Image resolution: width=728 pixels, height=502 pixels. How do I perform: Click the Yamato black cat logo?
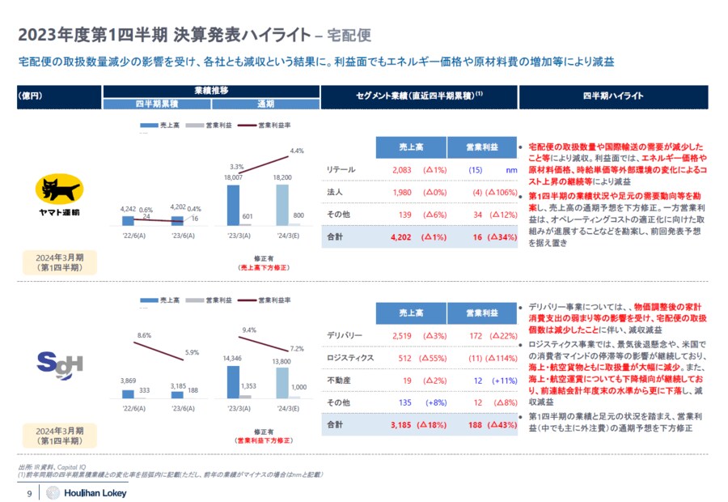coord(58,192)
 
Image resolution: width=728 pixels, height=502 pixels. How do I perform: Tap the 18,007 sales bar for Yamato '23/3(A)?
coord(233,205)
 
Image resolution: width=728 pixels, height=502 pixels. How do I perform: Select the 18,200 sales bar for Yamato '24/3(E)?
coord(282,205)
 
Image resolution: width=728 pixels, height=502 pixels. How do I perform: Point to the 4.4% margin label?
coord(297,151)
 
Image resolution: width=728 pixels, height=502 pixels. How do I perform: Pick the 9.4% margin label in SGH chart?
coord(249,330)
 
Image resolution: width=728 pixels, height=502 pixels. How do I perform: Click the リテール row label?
coord(341,169)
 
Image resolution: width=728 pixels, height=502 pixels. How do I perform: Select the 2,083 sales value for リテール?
coord(402,169)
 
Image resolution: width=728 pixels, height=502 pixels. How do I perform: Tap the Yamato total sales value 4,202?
coord(402,239)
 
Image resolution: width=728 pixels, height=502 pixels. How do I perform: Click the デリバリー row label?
coord(345,334)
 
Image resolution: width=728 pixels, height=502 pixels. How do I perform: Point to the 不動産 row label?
coord(338,379)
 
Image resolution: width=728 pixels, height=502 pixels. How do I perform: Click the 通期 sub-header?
coord(265,104)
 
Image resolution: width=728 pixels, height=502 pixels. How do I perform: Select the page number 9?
coord(30,494)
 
